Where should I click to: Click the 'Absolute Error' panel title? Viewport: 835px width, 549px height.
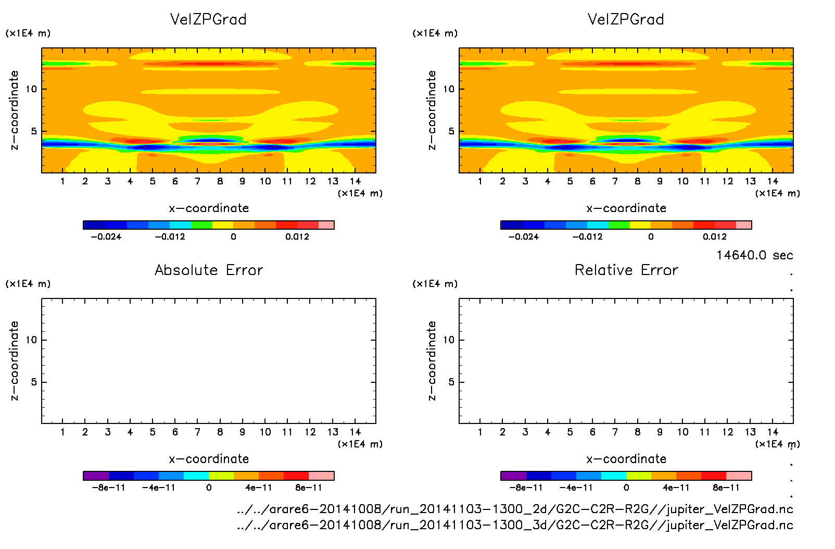[209, 270]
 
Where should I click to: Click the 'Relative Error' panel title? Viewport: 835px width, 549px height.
[626, 270]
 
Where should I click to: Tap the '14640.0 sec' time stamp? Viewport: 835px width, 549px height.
[754, 255]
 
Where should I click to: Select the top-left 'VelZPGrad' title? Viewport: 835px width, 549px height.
[208, 19]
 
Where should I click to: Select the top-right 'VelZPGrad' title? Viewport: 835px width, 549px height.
[626, 19]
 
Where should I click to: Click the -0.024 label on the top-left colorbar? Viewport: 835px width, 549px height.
[106, 236]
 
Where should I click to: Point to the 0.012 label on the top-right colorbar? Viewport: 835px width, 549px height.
[715, 236]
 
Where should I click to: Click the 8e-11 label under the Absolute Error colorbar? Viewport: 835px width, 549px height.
[309, 488]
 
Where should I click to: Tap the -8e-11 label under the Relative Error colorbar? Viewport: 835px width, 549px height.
[526, 488]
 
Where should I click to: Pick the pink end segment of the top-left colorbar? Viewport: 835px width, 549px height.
[326, 225]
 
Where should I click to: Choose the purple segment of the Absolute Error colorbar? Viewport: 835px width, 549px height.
[96, 476]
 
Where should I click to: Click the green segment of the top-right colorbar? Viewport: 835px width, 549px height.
[619, 225]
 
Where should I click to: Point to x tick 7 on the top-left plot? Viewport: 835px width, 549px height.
[197, 181]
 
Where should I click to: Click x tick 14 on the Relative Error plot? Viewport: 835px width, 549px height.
[773, 432]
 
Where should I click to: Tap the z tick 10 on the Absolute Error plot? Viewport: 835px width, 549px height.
[31, 340]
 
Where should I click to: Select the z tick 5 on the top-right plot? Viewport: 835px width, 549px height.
[451, 131]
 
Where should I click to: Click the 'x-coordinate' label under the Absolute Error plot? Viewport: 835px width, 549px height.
[209, 459]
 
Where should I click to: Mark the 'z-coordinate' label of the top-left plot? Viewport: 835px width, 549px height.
[14, 110]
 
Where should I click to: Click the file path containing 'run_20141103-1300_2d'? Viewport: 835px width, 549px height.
[515, 509]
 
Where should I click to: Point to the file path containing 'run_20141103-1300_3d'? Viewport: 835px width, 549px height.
[515, 525]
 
